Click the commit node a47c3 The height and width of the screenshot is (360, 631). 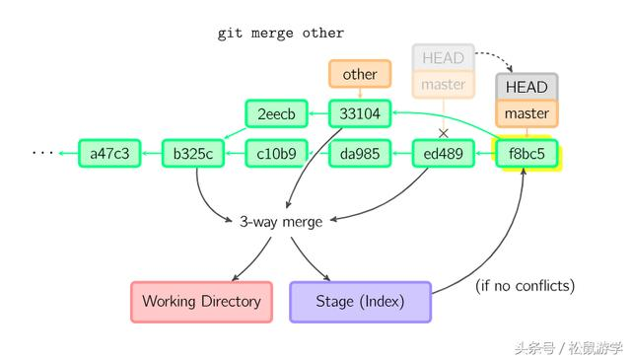tap(109, 153)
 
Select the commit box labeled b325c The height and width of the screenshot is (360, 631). tap(193, 153)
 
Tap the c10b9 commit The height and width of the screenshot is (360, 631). tap(276, 153)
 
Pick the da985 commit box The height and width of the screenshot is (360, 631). tap(360, 153)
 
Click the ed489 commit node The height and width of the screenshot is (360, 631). tap(443, 153)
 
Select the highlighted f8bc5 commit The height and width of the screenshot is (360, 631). tap(526, 153)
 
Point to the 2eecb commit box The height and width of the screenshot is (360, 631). tap(276, 113)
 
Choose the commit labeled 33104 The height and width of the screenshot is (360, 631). tap(360, 113)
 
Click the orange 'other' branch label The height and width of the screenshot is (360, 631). tap(360, 74)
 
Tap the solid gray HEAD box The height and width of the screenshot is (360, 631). tap(526, 87)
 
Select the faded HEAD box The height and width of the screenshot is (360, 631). tap(443, 57)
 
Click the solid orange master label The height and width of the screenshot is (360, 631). tap(526, 113)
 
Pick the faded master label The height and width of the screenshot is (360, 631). tap(443, 85)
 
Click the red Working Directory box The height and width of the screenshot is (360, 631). tap(201, 301)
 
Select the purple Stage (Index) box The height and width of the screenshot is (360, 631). tap(360, 301)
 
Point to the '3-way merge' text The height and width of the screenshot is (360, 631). tap(281, 221)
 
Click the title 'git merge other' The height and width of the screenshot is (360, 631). tap(281, 33)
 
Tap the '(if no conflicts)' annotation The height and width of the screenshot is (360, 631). tap(525, 286)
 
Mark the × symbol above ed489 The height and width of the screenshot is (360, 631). tap(443, 132)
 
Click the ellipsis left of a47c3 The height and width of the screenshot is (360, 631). tap(43, 153)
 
